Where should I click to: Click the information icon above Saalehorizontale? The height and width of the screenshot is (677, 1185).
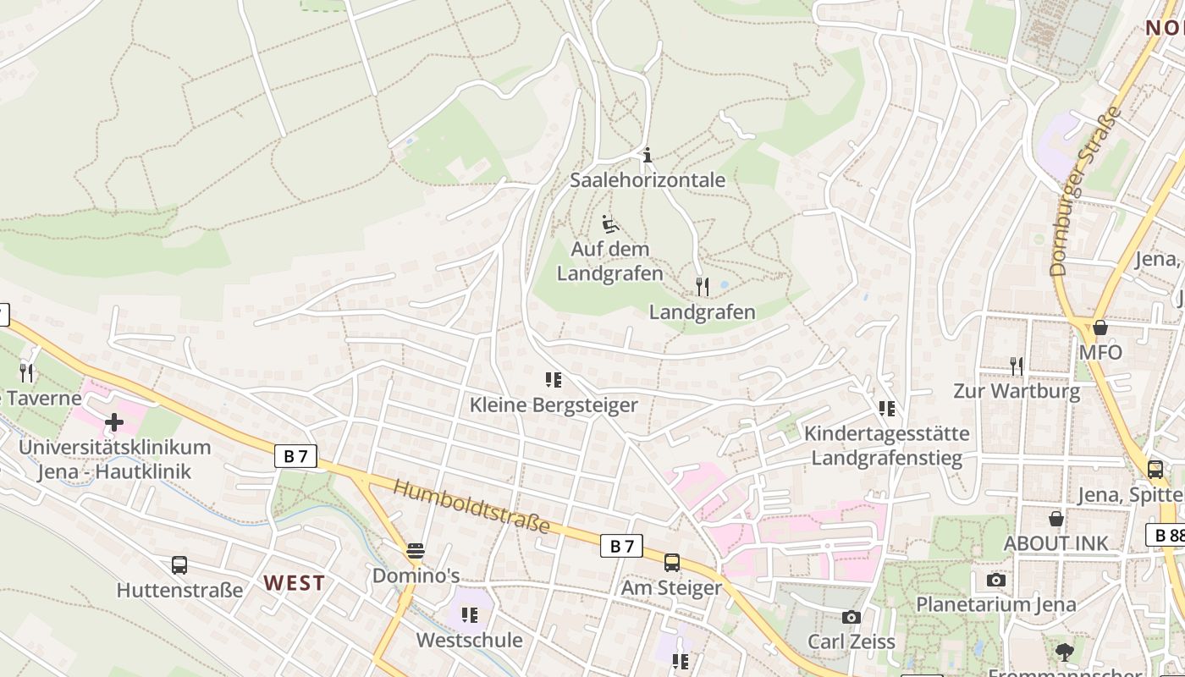[648, 155]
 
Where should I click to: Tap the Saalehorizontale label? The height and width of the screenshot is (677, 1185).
[648, 179]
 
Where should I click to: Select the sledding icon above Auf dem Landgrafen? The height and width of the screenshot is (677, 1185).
[609, 224]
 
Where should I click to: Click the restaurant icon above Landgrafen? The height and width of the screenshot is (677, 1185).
[702, 286]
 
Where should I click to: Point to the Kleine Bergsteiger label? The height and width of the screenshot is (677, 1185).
[554, 405]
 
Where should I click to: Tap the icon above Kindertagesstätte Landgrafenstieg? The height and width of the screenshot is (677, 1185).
[887, 409]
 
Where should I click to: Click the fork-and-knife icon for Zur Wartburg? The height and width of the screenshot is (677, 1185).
[1016, 366]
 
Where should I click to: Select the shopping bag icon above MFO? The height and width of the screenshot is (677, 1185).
[1100, 327]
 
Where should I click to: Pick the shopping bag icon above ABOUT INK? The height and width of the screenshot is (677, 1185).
[1056, 518]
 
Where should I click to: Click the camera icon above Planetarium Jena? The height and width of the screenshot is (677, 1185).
[996, 580]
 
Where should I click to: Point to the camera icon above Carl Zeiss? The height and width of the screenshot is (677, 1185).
[852, 617]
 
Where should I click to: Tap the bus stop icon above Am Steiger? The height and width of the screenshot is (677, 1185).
[672, 562]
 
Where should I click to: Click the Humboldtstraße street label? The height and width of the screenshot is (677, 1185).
[472, 507]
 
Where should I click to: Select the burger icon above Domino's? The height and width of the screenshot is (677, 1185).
[416, 551]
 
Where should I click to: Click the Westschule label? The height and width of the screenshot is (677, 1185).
[469, 640]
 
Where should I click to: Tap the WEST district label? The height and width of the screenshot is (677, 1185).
[294, 582]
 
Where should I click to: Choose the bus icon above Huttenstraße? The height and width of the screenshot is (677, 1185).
[179, 564]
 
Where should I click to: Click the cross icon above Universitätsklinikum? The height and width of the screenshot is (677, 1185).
[114, 421]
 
